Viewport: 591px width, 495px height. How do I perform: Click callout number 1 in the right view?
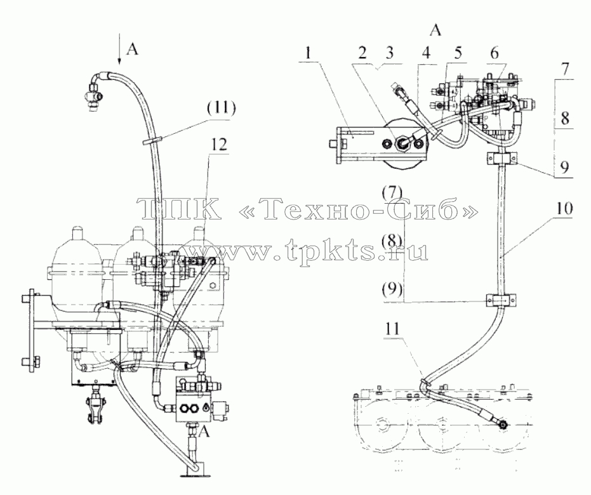309,53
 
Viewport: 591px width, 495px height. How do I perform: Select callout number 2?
362,53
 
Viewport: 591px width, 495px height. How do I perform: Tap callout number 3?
389,53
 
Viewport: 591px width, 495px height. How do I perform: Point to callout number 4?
427,53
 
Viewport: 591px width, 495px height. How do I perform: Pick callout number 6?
494,53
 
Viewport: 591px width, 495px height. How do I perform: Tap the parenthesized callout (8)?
392,240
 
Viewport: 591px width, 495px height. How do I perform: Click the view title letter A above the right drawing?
435,30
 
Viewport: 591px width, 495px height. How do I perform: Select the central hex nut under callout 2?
402,143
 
